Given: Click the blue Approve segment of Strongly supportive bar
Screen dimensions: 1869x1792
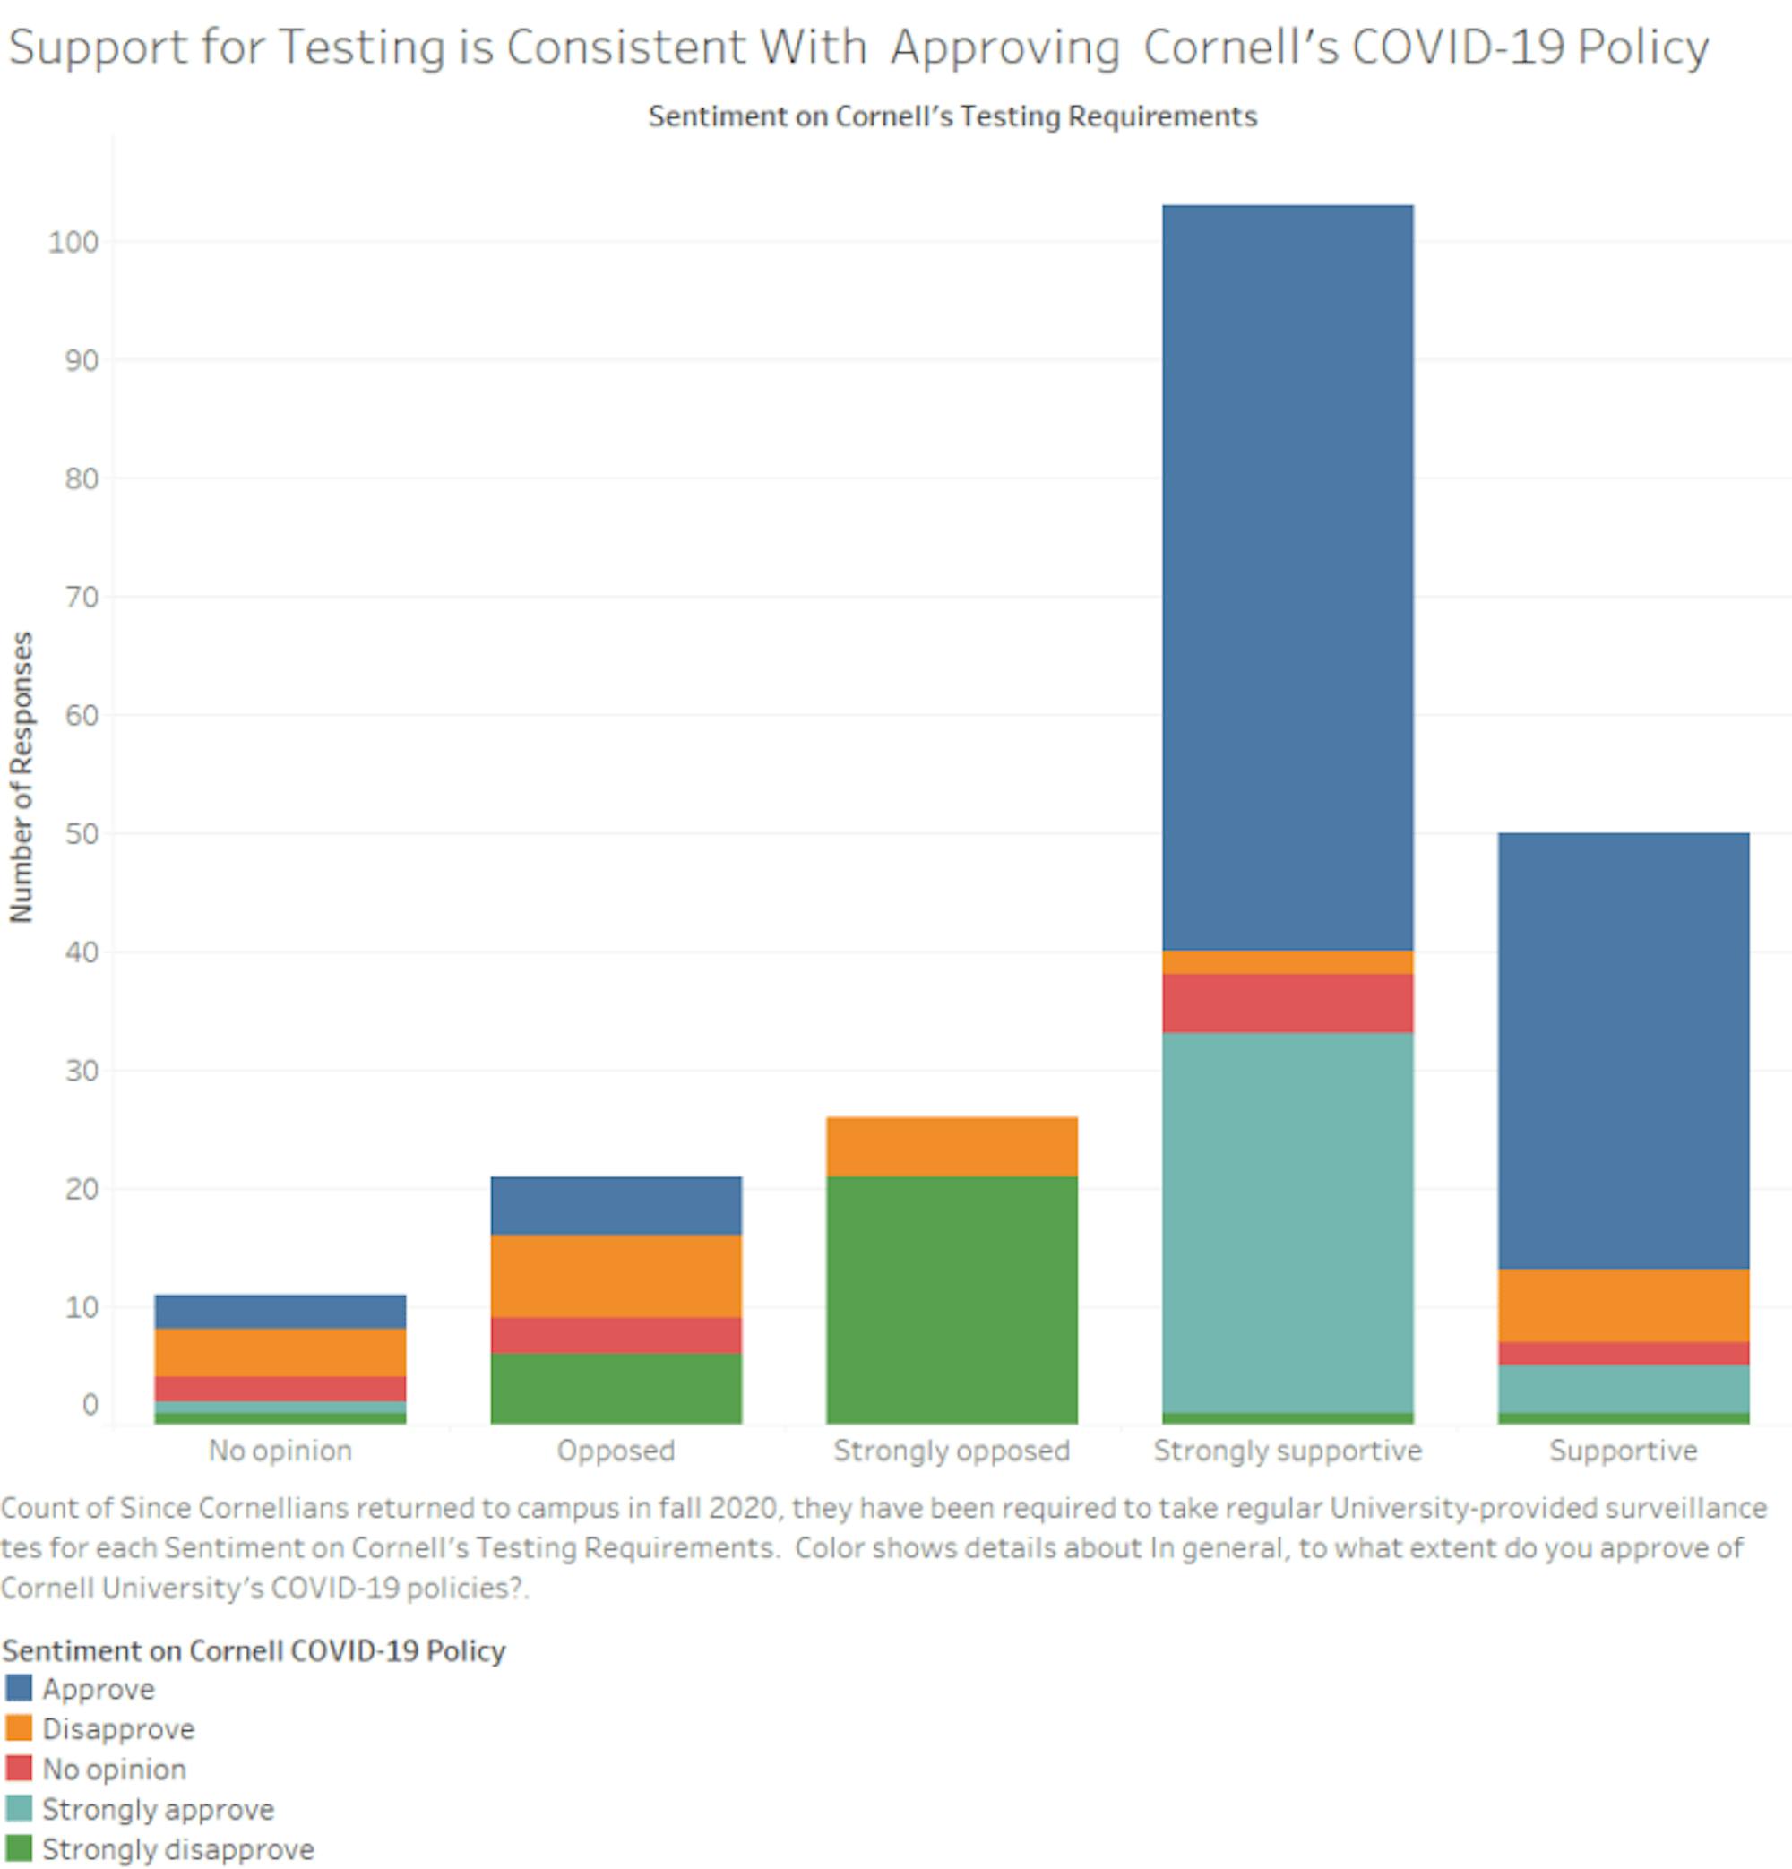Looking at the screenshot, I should click(x=1287, y=577).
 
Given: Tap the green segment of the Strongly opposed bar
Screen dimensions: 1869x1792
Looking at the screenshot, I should click(x=951, y=1300).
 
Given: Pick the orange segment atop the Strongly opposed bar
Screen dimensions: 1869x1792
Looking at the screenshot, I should click(x=951, y=1146).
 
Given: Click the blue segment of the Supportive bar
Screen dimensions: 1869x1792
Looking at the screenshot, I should click(x=1623, y=1050).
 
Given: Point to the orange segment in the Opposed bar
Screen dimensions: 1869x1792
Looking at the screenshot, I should click(x=616, y=1276).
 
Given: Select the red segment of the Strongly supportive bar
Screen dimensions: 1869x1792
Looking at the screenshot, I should click(x=1287, y=1003).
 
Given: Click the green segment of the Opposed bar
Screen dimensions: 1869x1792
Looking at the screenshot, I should click(x=616, y=1389).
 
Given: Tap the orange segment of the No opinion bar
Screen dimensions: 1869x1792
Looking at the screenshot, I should click(x=280, y=1352).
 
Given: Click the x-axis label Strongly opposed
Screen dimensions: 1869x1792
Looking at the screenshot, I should click(x=951, y=1451).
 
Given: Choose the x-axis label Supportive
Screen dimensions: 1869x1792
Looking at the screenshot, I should click(x=1623, y=1451).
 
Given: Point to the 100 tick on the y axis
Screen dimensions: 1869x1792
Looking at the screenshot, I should click(x=73, y=242).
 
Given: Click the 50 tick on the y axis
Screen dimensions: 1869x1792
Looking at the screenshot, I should click(x=81, y=834).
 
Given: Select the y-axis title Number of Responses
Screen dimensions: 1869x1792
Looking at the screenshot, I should click(x=21, y=777).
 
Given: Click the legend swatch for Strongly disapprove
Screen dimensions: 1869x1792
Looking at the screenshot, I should click(x=18, y=1849).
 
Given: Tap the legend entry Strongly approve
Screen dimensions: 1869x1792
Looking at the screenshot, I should click(x=158, y=1809).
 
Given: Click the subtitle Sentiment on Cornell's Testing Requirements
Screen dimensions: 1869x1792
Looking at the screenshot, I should click(x=952, y=116).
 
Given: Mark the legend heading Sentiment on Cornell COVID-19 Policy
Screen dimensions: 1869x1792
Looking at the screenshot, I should click(x=254, y=1650).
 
